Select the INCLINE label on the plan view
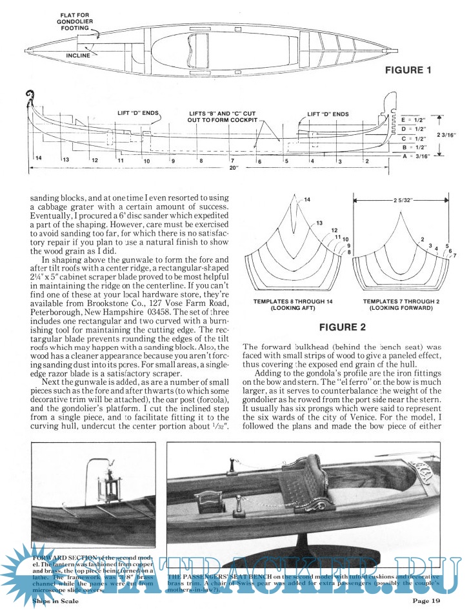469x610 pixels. [78, 56]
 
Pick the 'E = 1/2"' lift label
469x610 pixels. [414, 120]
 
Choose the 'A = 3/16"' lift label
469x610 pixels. [414, 156]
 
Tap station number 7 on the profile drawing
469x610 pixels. [231, 159]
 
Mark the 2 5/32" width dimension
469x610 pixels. [403, 200]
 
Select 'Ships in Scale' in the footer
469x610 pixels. [55, 601]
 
